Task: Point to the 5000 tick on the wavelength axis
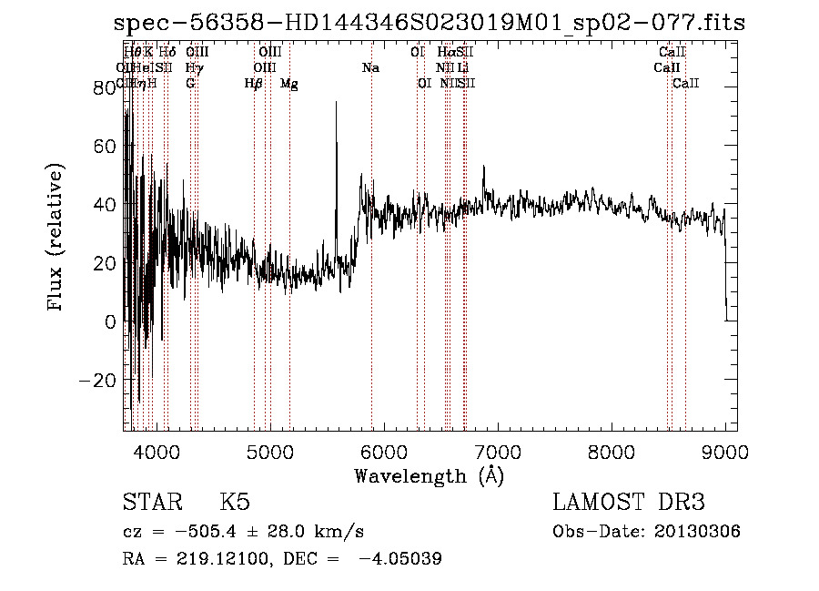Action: click(x=270, y=451)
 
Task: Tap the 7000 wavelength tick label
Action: click(x=497, y=451)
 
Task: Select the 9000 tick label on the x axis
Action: click(x=724, y=451)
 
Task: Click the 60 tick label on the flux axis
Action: click(x=107, y=146)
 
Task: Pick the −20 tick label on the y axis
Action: click(x=101, y=380)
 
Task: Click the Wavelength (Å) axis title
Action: click(x=429, y=475)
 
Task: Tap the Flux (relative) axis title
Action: click(x=56, y=239)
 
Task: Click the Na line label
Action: click(x=370, y=68)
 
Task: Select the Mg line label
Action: click(x=288, y=84)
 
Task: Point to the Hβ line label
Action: click(x=254, y=84)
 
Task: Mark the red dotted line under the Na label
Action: click(x=372, y=273)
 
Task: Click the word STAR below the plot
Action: click(x=151, y=503)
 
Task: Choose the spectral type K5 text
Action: click(x=235, y=503)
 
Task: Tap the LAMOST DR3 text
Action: click(x=629, y=503)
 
